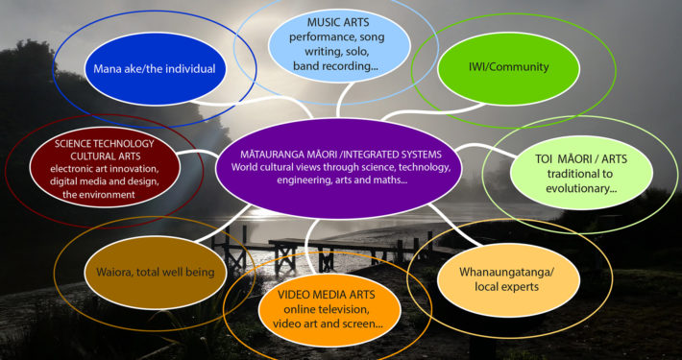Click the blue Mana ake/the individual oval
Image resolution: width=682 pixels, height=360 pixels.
click(155, 69)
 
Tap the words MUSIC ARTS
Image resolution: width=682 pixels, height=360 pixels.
click(339, 22)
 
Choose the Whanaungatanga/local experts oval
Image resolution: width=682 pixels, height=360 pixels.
click(508, 280)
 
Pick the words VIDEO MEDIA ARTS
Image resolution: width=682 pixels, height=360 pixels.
click(327, 296)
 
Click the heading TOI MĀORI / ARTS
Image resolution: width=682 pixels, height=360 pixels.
click(581, 159)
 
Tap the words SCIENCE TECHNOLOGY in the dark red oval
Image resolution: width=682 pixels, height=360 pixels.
click(105, 144)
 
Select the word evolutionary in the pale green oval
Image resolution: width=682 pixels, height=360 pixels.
click(581, 189)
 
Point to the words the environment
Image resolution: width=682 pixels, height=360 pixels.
click(99, 195)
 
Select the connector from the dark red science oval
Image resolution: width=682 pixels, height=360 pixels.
click(198, 153)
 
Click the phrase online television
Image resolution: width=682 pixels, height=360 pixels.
click(327, 310)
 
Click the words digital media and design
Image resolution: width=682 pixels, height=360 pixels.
click(105, 181)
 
